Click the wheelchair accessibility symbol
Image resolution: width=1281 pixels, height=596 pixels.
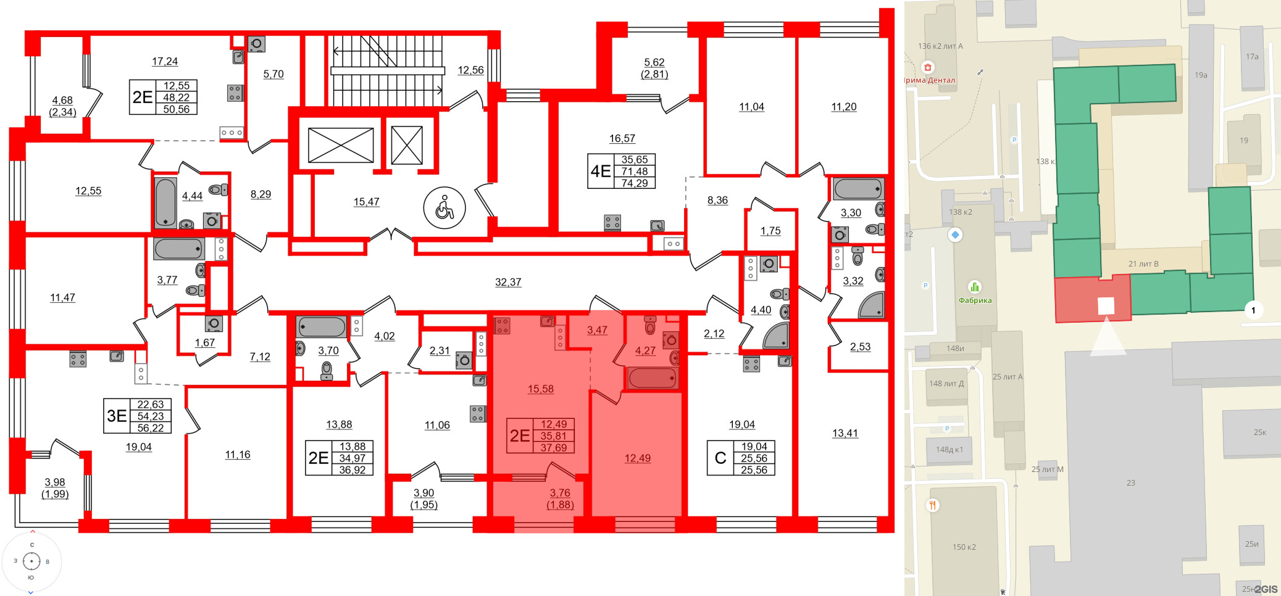pos(444,208)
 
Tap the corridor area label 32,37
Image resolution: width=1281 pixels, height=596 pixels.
pos(508,282)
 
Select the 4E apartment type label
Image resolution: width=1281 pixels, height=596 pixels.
pos(601,171)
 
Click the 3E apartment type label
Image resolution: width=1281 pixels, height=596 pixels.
pos(117,416)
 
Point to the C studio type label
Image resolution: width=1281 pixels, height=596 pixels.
pos(720,458)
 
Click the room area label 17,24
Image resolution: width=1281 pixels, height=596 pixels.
pos(165,61)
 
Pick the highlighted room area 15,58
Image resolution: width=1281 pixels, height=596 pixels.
pos(540,389)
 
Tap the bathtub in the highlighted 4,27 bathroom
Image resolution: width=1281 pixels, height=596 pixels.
pos(652,378)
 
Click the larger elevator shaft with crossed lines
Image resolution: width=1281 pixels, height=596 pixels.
pos(341,146)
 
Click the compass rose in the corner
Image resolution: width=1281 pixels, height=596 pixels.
pos(31,561)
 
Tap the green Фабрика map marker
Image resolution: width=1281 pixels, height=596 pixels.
pos(974,287)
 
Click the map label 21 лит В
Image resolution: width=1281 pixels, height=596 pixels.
pos(1143,263)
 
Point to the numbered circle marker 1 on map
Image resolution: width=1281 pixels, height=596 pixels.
pos(1253,310)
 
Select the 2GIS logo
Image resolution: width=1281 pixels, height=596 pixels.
pos(1266,589)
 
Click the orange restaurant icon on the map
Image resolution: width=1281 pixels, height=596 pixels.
pos(932,505)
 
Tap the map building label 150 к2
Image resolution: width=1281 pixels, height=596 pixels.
pos(964,547)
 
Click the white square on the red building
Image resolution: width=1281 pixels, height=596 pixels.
pos(1106,305)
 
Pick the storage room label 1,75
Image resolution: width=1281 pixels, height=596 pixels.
pos(770,231)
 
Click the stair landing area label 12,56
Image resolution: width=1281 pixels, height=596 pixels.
pos(470,70)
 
